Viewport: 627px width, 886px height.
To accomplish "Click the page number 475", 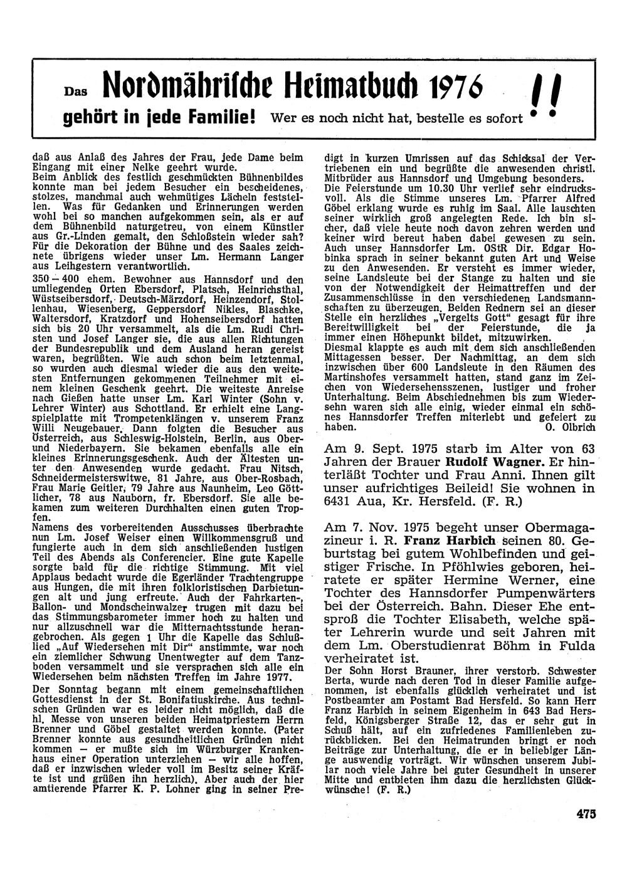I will click(x=586, y=815).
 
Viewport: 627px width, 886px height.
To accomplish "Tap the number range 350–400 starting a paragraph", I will click(x=52, y=279).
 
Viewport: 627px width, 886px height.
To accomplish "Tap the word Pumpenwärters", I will click(x=547, y=593).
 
